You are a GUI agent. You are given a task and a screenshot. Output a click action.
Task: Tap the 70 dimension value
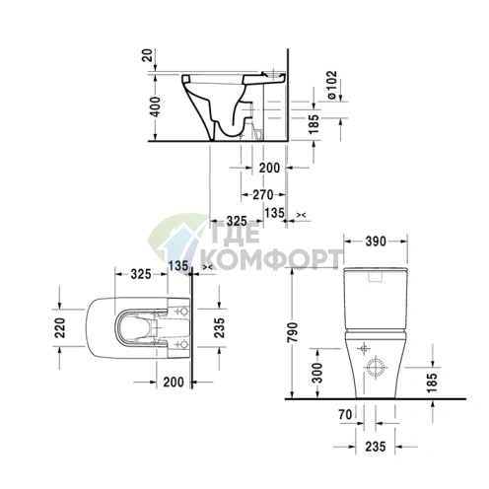tap(345, 416)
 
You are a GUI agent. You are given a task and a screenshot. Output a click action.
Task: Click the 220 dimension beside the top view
tap(58, 327)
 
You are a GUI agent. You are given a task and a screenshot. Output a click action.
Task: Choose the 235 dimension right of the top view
tap(220, 327)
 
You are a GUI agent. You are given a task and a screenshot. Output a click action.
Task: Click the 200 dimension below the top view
tap(175, 383)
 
